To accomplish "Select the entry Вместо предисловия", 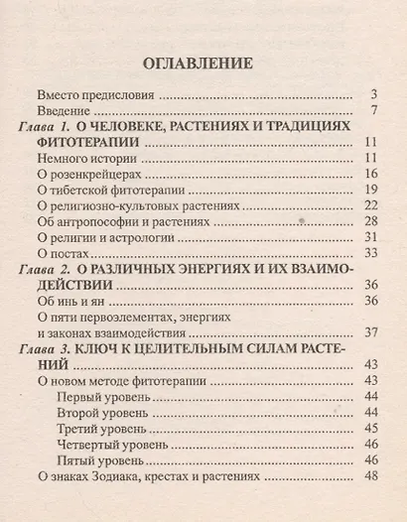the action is coord(103,96).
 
